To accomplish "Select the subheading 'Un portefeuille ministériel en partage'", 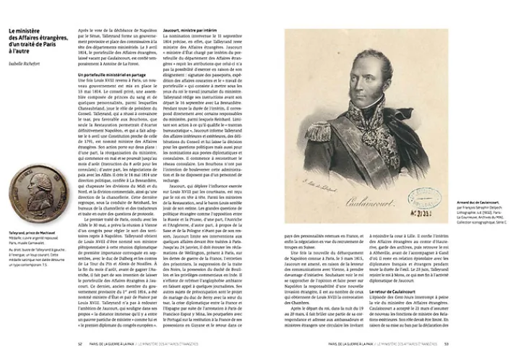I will click(x=110, y=74).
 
